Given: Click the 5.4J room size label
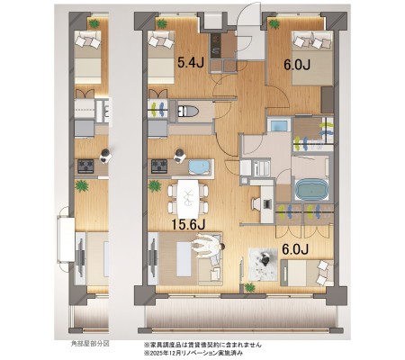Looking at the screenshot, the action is pos(191,63).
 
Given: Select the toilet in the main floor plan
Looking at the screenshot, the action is pos(188,111).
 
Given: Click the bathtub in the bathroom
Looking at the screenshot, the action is pos(311,189).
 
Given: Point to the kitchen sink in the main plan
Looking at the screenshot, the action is pos(200,166).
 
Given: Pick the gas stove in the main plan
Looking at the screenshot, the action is pos(159,166).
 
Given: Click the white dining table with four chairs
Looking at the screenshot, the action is pos(188,199).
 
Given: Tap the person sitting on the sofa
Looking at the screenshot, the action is pos(208,245).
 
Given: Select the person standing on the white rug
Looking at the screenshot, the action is pos(265,259).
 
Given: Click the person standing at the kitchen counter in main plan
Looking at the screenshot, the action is pos(180,156).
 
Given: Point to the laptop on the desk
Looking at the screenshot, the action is pos(267,203).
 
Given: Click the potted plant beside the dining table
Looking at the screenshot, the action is pos(155,186).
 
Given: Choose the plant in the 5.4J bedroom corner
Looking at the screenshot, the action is pos(162,23).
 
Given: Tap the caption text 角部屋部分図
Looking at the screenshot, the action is pos(89,344).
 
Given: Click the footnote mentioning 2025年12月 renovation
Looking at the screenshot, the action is pos(193,353).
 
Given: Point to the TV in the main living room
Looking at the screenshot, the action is pos(154,258).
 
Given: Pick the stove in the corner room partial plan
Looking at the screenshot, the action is pos(85,166).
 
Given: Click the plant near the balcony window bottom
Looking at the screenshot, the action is pos(249,288).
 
